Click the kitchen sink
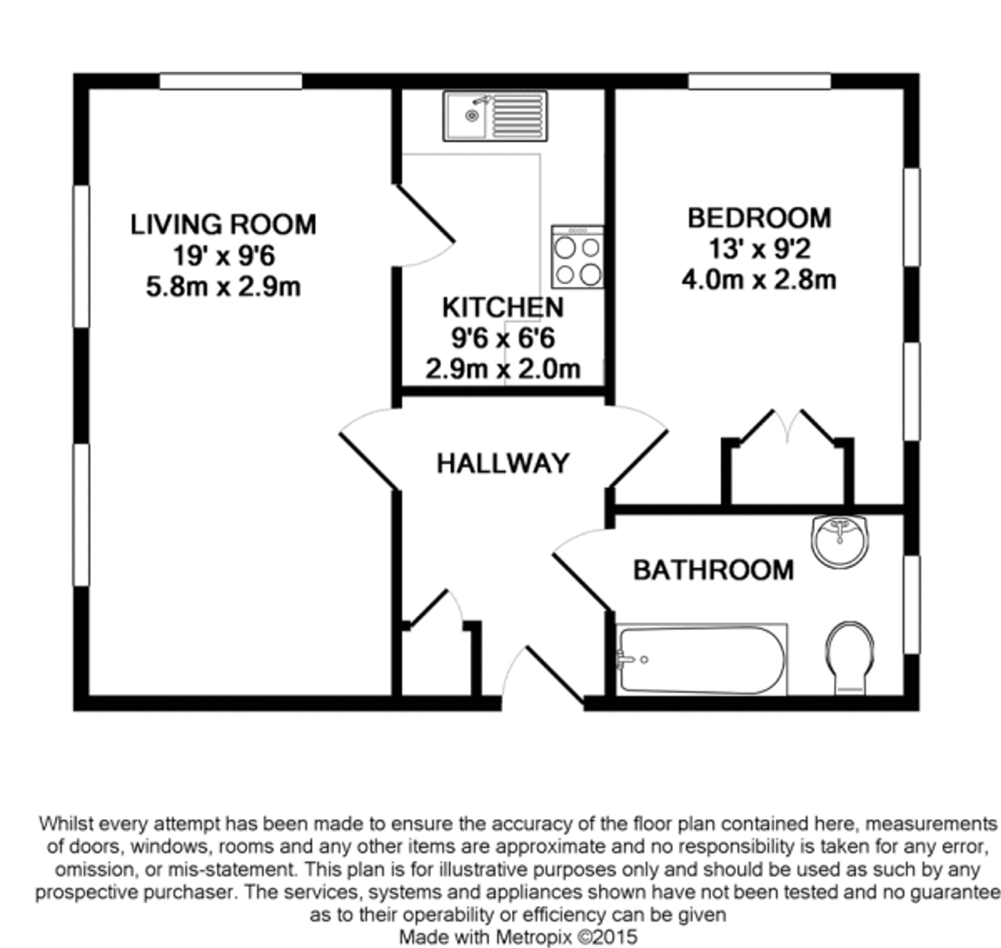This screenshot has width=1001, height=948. [x=495, y=116]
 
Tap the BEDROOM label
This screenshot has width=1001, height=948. [x=759, y=218]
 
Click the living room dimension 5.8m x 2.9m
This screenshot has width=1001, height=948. [x=223, y=287]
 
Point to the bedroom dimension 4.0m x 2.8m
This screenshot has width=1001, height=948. [x=759, y=280]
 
